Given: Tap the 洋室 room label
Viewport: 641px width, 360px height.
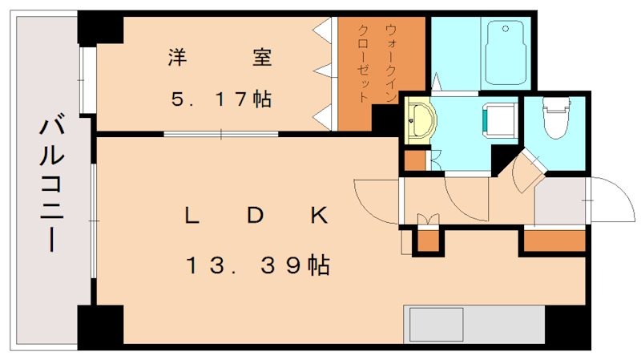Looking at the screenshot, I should [x=220, y=58].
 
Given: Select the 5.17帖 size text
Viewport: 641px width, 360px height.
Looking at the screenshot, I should [x=220, y=99].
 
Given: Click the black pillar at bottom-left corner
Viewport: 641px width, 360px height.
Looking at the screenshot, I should [x=100, y=325].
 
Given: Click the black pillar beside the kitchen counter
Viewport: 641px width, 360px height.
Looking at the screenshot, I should [x=567, y=326].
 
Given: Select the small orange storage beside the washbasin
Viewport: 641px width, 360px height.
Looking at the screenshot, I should [x=414, y=160].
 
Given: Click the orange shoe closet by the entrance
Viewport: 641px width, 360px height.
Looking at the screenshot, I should [x=554, y=240].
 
